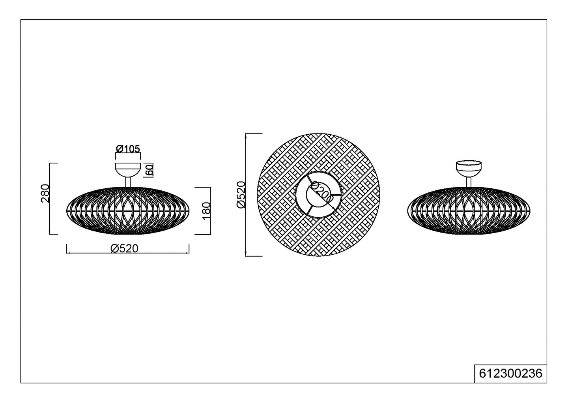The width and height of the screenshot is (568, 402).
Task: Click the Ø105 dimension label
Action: (x=128, y=149)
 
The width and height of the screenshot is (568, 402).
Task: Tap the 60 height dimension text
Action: (x=149, y=170)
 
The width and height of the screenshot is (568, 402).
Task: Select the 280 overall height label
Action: (x=45, y=193)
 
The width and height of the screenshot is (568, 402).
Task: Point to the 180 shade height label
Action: (x=207, y=210)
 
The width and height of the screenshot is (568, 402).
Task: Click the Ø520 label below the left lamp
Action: (x=125, y=249)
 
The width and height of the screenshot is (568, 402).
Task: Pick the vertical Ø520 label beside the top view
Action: (x=241, y=195)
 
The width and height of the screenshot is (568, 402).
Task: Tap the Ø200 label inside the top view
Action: (x=320, y=193)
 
